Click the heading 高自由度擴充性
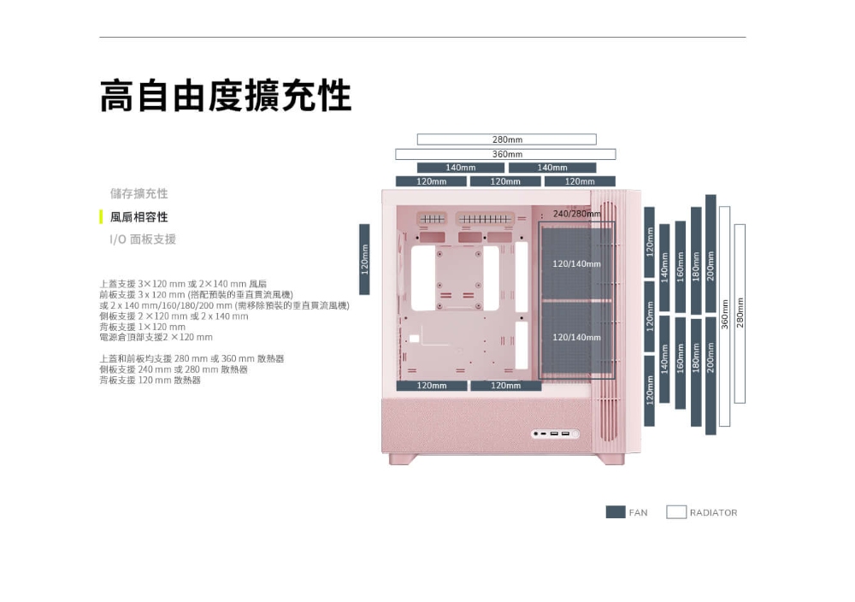click(226, 97)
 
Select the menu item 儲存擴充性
click(139, 194)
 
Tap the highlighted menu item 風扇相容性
click(139, 217)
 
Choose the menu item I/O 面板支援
click(143, 239)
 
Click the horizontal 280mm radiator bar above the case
click(506, 139)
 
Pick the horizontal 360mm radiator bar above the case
click(505, 154)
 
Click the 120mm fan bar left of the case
click(364, 259)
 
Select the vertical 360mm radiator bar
click(725, 316)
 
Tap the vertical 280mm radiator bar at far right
click(740, 313)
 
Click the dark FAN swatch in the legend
click(616, 512)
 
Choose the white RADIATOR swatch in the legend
click(676, 512)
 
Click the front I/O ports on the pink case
click(554, 435)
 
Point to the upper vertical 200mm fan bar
click(711, 253)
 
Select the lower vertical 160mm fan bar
click(680, 363)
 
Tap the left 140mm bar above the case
click(460, 168)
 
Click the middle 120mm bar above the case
click(505, 181)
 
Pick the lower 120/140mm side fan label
click(577, 338)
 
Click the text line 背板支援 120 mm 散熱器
click(150, 381)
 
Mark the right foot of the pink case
click(610, 459)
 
